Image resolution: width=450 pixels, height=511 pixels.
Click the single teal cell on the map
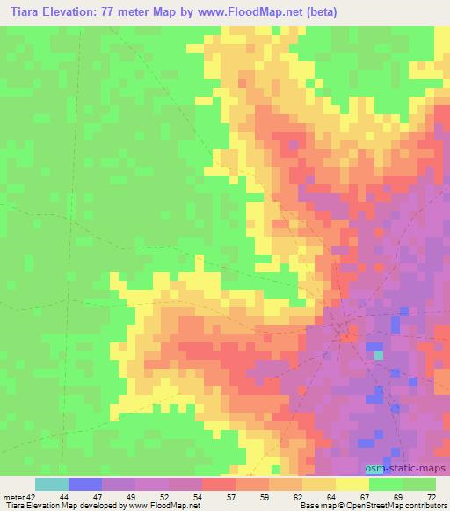tap(379, 355)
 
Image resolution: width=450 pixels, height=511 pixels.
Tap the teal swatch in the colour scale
tap(52, 484)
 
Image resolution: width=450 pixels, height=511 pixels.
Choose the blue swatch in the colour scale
tap(85, 484)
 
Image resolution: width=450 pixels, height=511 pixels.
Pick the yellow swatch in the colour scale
tap(352, 484)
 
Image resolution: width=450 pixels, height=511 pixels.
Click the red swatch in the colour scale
tap(218, 484)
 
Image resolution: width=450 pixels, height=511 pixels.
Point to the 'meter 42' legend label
tap(17, 497)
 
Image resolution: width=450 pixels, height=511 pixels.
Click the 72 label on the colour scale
tap(430, 497)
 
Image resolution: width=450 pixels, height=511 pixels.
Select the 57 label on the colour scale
tap(231, 497)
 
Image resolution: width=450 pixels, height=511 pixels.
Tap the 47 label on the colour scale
tap(98, 497)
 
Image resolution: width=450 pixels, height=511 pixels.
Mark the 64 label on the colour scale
tap(330, 497)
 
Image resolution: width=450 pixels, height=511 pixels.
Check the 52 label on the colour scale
tap(164, 497)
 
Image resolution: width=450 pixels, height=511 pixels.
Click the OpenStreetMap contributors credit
tap(403, 507)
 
